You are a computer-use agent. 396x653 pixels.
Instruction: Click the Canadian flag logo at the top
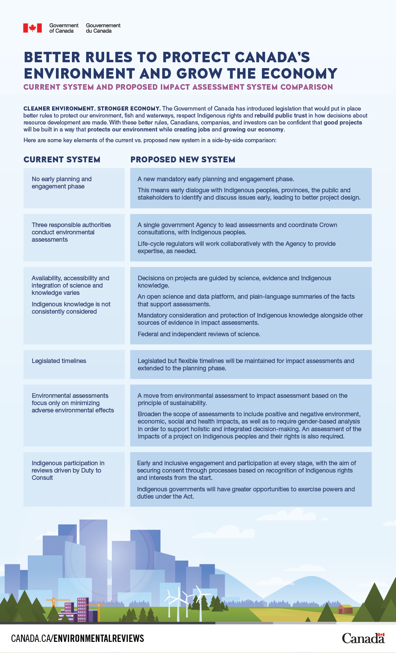click(32, 28)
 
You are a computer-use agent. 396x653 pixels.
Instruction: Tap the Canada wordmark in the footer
click(363, 638)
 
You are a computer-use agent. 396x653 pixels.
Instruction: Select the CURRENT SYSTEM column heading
click(62, 160)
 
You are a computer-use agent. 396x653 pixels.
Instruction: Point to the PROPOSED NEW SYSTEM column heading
click(183, 160)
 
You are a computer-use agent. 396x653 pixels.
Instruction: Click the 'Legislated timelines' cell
click(59, 361)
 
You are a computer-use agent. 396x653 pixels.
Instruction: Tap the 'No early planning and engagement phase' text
click(61, 183)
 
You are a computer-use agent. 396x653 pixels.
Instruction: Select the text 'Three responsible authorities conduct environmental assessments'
click(71, 232)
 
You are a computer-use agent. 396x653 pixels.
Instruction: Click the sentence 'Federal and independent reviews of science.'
click(199, 334)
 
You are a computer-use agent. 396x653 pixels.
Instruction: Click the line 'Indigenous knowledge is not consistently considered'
click(71, 308)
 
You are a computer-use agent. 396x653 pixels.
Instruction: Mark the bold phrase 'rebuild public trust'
click(281, 115)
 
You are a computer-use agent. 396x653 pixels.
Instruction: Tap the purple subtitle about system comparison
click(178, 87)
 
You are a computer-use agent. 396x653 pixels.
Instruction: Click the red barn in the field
click(345, 609)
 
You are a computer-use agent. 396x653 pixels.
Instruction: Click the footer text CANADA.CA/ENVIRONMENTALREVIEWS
click(77, 638)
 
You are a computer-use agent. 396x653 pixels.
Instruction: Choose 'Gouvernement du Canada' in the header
click(103, 28)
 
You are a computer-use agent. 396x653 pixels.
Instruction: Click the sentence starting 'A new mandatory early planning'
click(216, 179)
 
